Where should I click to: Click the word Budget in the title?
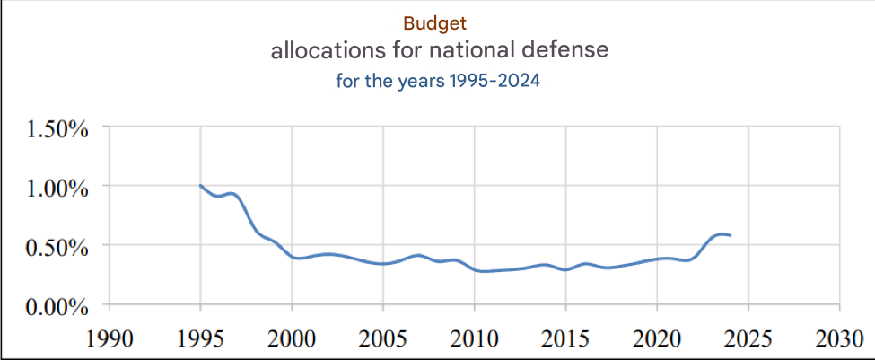tap(435, 22)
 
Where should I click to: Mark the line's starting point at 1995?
tap(200, 186)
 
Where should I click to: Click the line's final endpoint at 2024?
tap(731, 235)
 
